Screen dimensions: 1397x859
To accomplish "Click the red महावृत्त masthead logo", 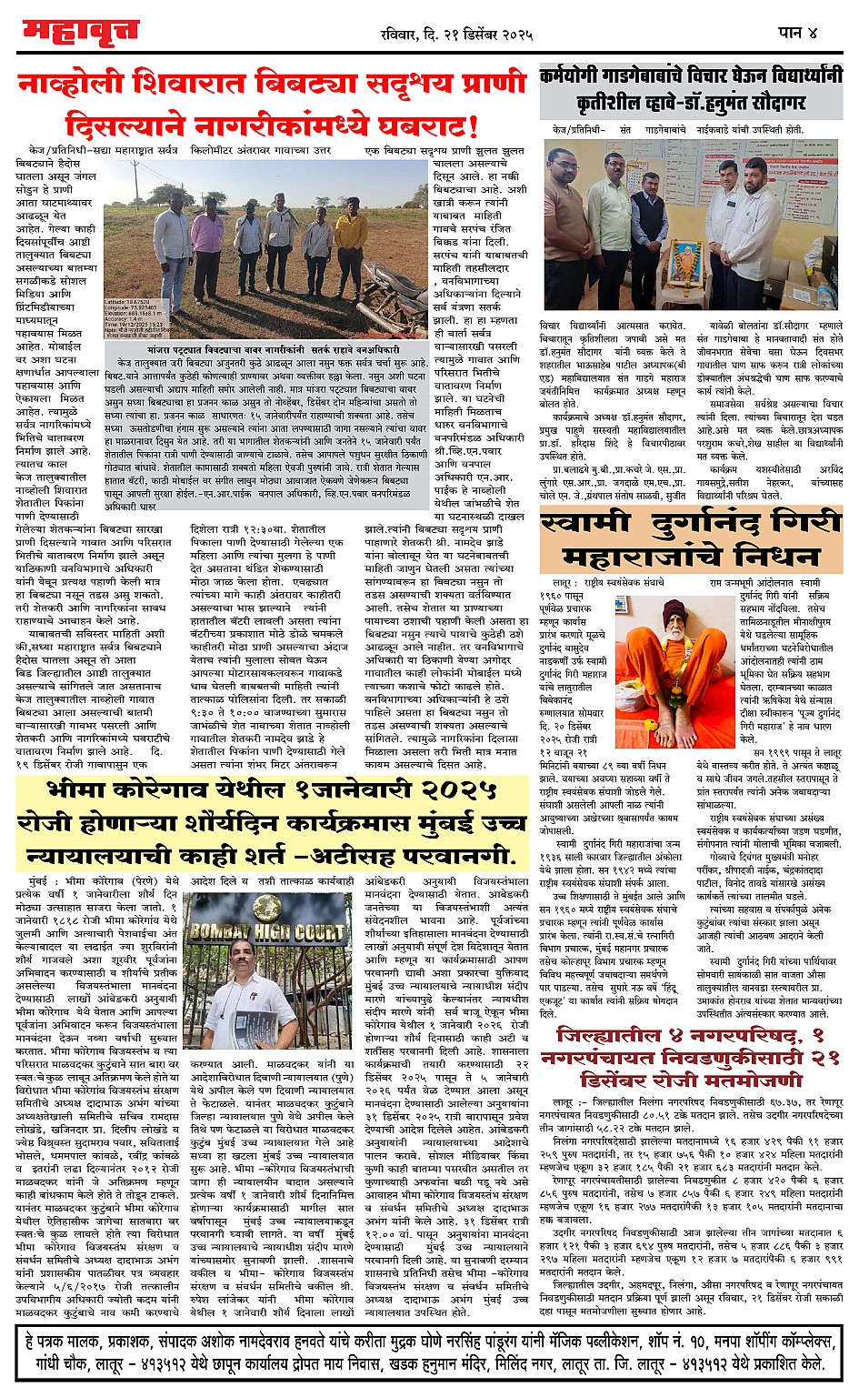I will pos(80,33).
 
